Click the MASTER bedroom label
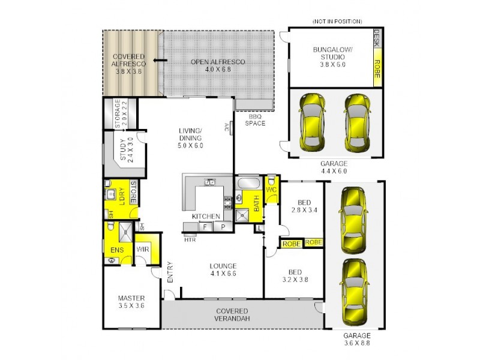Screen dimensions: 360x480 coord(131,301)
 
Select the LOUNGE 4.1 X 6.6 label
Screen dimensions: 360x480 coord(223,270)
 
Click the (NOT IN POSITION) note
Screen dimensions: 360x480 coord(337,21)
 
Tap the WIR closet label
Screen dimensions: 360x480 coord(143,249)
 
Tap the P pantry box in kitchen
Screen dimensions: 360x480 coord(223,227)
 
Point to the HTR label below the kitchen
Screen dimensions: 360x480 coord(190,239)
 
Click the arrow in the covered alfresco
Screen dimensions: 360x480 coord(159,61)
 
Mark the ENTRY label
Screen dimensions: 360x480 coord(170,272)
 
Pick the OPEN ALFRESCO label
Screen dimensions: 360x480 coord(218,65)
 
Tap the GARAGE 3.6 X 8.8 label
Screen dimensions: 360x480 coord(357,338)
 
